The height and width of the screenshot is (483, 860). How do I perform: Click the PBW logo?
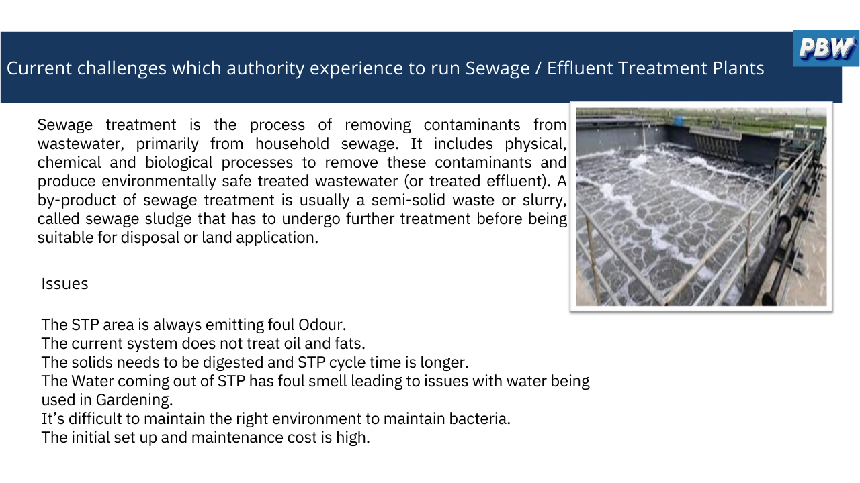coord(826,48)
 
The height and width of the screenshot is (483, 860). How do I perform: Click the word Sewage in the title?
coord(498,68)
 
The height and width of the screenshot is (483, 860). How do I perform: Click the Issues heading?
coord(64,284)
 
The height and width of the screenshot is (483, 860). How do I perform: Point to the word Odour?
coord(322,325)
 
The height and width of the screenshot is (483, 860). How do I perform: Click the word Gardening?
coord(134,400)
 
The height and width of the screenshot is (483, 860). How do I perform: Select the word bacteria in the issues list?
coord(480,419)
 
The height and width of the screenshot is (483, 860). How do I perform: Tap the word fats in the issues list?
coord(350,343)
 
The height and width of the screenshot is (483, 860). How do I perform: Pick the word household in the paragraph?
coord(292,144)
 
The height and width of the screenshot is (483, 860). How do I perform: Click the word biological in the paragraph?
coord(179,163)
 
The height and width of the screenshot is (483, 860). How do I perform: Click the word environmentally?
coord(159,182)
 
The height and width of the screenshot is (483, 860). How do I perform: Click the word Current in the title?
coord(39,68)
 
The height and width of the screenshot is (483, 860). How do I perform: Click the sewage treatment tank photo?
coord(701,207)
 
